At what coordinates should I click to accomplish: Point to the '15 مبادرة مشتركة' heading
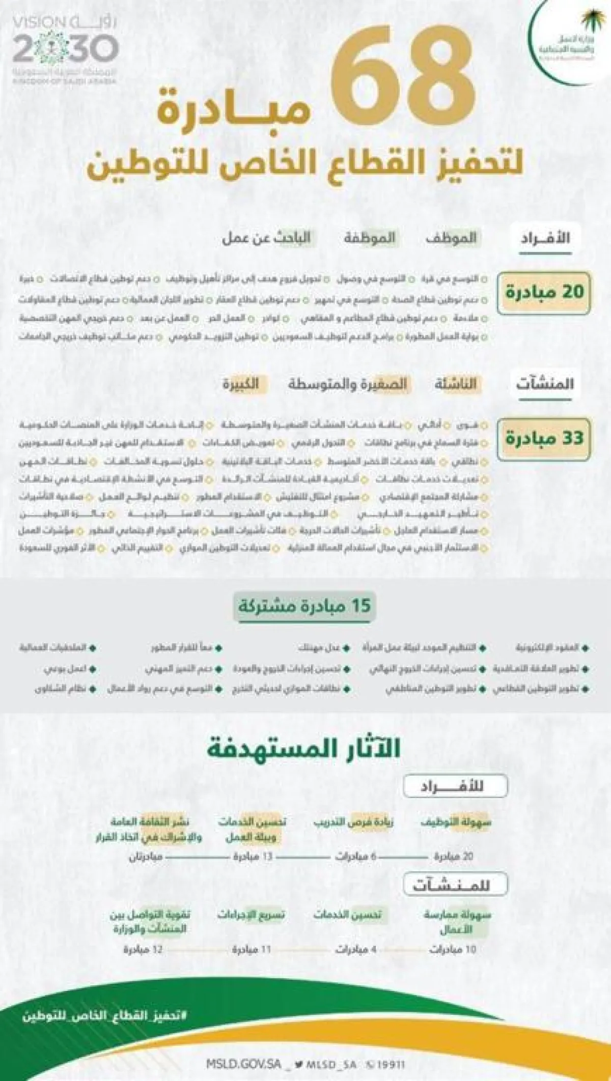click(304, 606)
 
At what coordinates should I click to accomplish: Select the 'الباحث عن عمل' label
click(266, 238)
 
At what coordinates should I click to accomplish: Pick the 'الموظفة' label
click(369, 238)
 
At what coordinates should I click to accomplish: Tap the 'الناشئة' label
click(455, 384)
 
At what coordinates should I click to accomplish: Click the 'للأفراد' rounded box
click(455, 786)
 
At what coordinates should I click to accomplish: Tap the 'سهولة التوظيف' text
click(456, 821)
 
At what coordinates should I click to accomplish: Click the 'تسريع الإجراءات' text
click(252, 915)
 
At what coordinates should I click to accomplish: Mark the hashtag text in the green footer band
click(105, 1014)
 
